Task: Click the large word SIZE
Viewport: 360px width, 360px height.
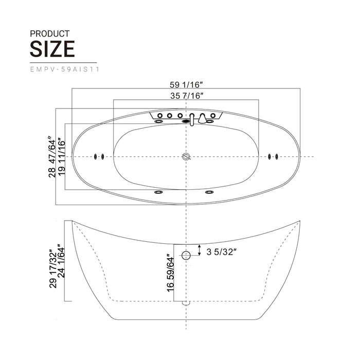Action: point(52,49)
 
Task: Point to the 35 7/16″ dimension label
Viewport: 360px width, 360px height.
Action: point(187,95)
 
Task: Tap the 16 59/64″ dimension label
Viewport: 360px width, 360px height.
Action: point(168,272)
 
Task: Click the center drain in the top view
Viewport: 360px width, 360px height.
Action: point(186,156)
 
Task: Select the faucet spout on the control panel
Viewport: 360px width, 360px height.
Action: point(192,119)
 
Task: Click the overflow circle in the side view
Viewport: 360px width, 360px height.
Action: point(186,254)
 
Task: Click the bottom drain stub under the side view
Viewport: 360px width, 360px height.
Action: point(186,303)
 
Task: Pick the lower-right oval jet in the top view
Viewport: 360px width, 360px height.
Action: point(209,192)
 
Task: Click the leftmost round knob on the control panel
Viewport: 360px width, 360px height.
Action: point(159,116)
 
